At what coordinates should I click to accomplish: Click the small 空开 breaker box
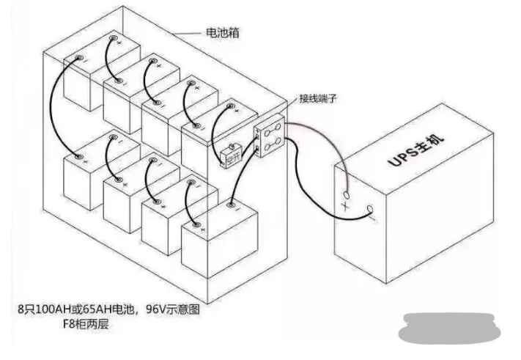point(229,155)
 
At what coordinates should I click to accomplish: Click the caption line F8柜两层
point(80,323)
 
